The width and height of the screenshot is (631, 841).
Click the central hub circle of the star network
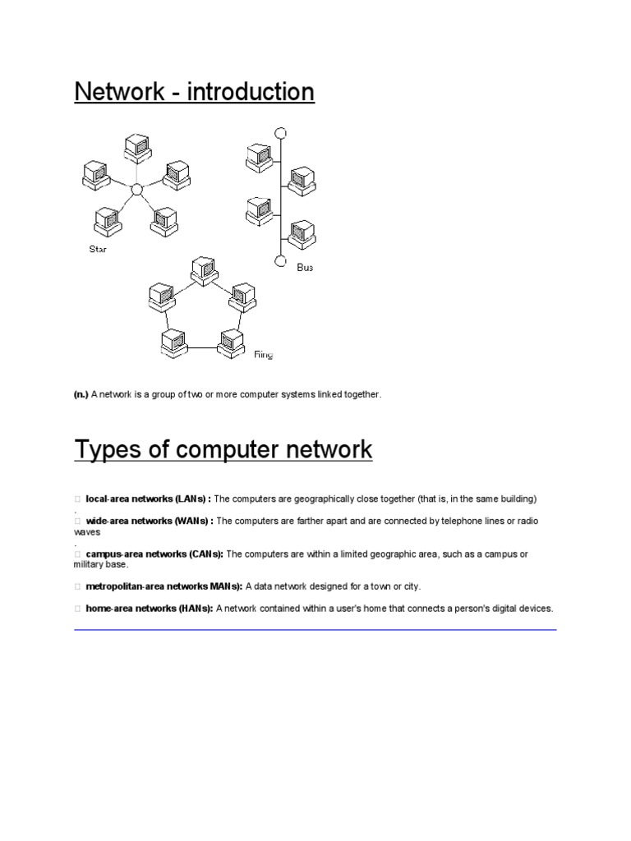click(x=137, y=190)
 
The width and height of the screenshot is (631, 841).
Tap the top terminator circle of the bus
click(x=281, y=132)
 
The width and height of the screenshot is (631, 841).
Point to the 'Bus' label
click(x=305, y=267)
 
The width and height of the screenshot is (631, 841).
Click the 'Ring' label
click(x=263, y=355)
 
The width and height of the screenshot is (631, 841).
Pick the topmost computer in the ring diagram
click(x=202, y=270)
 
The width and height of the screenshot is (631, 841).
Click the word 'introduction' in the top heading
click(x=251, y=92)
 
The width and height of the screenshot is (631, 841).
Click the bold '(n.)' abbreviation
click(x=81, y=395)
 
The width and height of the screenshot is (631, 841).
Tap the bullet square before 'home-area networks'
click(x=77, y=609)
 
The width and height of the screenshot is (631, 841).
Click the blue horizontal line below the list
click(x=315, y=630)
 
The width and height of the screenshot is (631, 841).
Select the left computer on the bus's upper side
click(x=259, y=155)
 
